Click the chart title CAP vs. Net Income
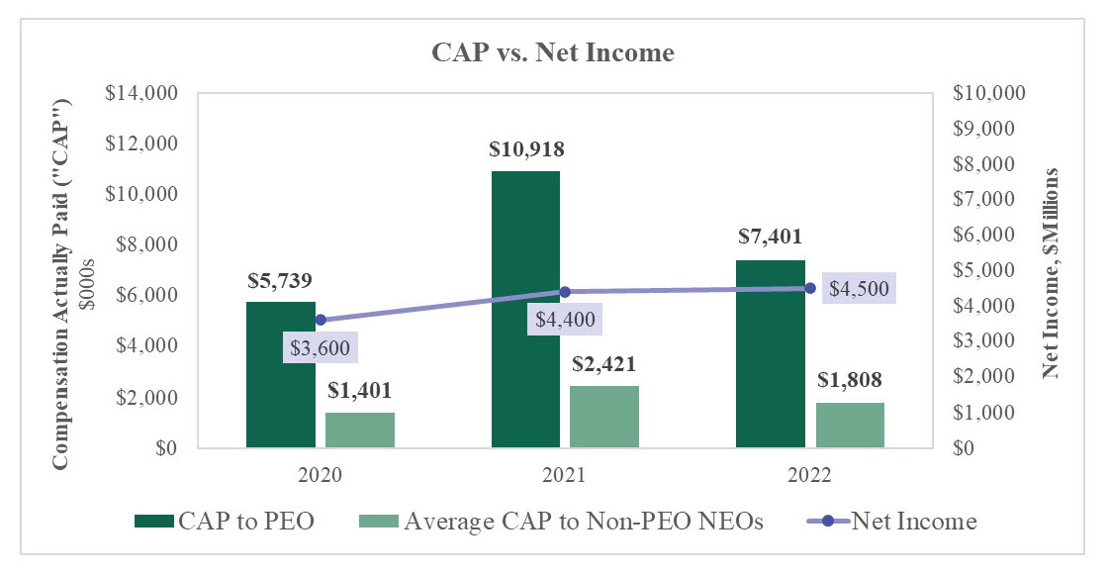(x=553, y=53)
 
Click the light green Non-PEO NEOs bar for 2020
(x=360, y=430)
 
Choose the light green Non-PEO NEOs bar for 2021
(x=604, y=417)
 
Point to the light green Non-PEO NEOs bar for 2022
(x=850, y=425)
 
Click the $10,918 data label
(x=526, y=150)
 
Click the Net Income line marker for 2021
(x=565, y=292)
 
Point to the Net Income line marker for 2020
(x=321, y=320)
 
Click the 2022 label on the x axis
(x=810, y=475)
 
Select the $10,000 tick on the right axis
(x=990, y=94)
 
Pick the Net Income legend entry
(x=915, y=522)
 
